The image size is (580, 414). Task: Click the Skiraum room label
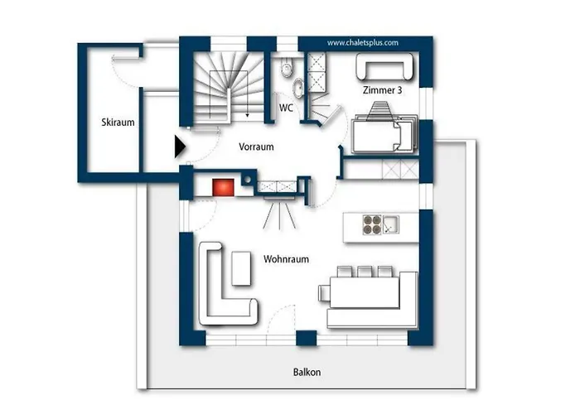[x=118, y=123]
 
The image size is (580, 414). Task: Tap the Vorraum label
[x=256, y=147]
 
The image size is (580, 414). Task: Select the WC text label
[x=286, y=108]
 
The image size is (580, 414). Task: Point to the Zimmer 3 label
[x=382, y=90]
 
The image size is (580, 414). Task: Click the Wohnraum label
[x=287, y=259]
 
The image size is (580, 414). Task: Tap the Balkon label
[x=307, y=372]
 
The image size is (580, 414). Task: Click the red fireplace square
[x=223, y=187]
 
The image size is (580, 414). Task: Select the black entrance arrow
[x=180, y=147]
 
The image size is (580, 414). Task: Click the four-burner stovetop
[x=372, y=224]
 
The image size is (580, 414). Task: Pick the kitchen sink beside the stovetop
[x=390, y=224]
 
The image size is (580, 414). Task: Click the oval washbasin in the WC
[x=297, y=88]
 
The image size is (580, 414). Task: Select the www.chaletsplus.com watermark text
[x=363, y=43]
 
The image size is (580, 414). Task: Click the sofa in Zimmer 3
[x=384, y=66]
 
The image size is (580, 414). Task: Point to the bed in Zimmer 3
[x=384, y=134]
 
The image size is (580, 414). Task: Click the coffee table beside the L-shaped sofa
[x=241, y=268]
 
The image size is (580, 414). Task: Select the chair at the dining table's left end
[x=324, y=292]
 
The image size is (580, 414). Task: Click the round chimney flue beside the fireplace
[x=248, y=180]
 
